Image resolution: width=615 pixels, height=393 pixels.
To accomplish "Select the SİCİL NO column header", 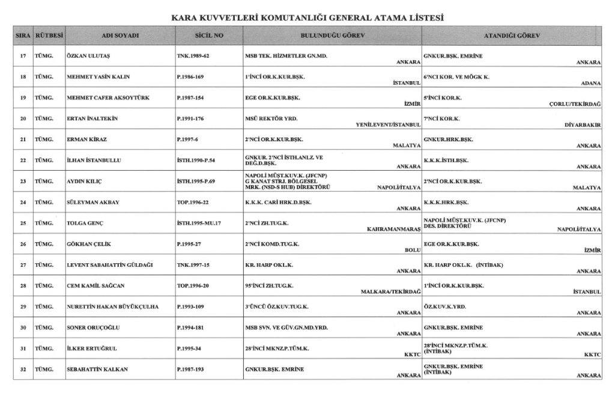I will point(210,35).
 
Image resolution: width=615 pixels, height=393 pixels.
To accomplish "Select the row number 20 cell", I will point(23,119).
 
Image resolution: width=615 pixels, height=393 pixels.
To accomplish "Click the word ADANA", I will point(590,84).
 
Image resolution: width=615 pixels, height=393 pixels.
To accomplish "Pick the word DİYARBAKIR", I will point(582,126).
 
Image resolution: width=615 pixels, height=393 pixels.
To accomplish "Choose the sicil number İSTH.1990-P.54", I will point(200,160).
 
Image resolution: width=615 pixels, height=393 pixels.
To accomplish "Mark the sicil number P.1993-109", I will point(194,306).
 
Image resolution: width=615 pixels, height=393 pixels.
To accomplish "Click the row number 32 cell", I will point(23,369).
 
